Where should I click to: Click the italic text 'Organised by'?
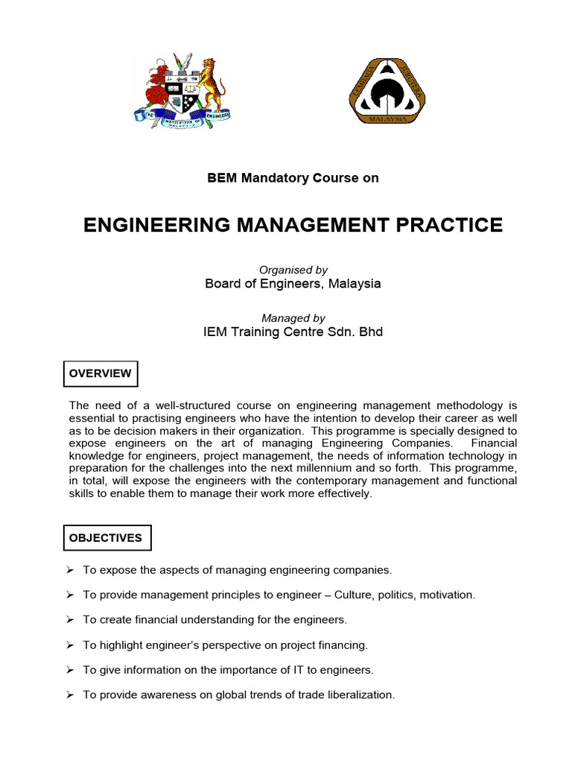pyautogui.click(x=293, y=270)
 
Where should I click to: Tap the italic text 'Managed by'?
pyautogui.click(x=293, y=318)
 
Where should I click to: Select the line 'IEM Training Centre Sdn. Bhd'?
pyautogui.click(x=293, y=332)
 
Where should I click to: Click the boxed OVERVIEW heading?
pyautogui.click(x=101, y=373)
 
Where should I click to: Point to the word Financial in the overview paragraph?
pyautogui.click(x=492, y=443)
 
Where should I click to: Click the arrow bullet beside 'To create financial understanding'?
pyautogui.click(x=69, y=619)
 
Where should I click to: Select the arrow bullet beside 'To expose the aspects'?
pyautogui.click(x=69, y=569)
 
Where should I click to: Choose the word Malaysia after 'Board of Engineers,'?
pyautogui.click(x=356, y=284)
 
